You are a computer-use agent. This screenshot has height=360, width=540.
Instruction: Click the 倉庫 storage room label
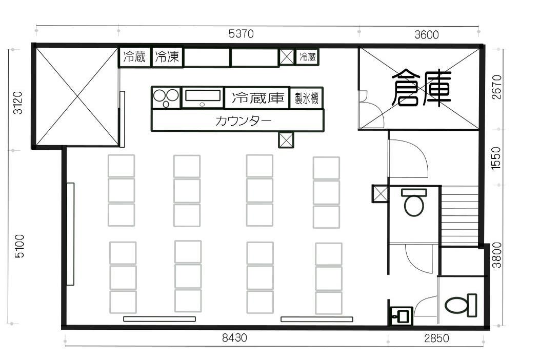click(x=422, y=88)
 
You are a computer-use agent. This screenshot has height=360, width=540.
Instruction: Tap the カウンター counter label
click(x=243, y=121)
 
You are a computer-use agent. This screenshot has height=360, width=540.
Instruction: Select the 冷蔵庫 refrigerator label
click(x=258, y=98)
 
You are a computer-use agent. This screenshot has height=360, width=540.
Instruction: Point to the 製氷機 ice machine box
click(x=306, y=98)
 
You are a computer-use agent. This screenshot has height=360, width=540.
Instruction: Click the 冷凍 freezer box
click(x=167, y=57)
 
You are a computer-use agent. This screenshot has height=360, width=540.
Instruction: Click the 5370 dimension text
click(x=241, y=34)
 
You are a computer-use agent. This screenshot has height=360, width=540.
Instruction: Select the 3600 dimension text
click(x=426, y=34)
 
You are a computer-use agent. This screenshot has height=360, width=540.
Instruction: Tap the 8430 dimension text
click(x=234, y=337)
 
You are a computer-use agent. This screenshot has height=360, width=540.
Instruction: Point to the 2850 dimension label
click(x=436, y=338)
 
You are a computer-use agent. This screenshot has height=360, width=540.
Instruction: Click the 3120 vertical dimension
click(x=17, y=103)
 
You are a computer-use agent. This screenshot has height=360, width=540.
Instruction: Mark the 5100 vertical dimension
click(x=19, y=246)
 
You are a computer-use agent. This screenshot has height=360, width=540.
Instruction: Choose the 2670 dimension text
click(x=496, y=87)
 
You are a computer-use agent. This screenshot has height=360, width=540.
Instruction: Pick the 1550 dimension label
click(x=496, y=158)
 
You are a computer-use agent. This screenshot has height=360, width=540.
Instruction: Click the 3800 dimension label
click(x=497, y=255)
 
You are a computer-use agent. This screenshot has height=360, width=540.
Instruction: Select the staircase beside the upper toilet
click(x=459, y=216)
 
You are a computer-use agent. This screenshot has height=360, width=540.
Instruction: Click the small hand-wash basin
click(x=401, y=315)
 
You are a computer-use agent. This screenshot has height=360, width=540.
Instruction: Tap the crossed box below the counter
click(x=286, y=140)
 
